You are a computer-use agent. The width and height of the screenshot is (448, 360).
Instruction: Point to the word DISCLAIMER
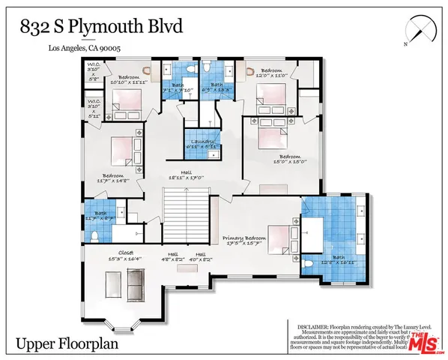306,325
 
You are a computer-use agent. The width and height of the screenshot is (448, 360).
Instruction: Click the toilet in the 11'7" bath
94,235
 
